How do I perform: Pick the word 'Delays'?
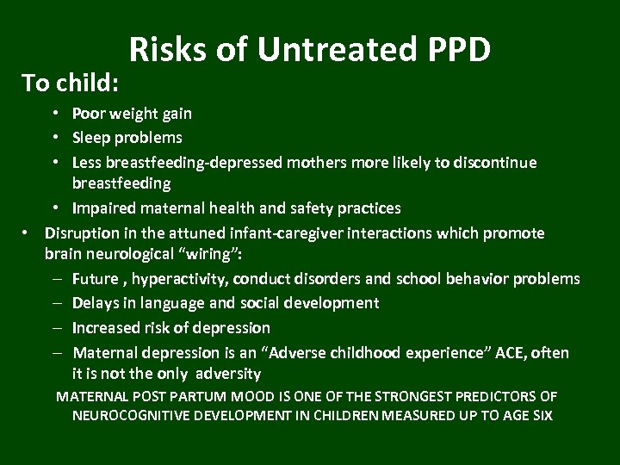(96, 303)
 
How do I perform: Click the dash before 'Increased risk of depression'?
(54, 328)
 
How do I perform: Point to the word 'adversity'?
(227, 375)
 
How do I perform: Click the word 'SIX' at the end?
(541, 416)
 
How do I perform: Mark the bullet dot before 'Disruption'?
(27, 233)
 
